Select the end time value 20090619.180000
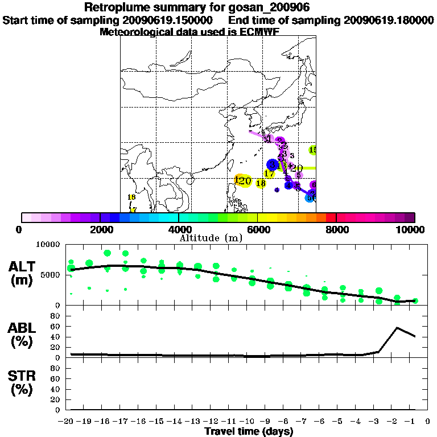pos(389,20)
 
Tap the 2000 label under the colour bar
pos(100,230)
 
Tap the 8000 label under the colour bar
pos(336,230)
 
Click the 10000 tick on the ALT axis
pos(48,244)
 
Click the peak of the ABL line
pos(397,328)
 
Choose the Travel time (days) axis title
pos(249,431)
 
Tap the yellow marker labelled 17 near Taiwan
pos(269,174)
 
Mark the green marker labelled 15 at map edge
pos(312,150)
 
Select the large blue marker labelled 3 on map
pos(273,164)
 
